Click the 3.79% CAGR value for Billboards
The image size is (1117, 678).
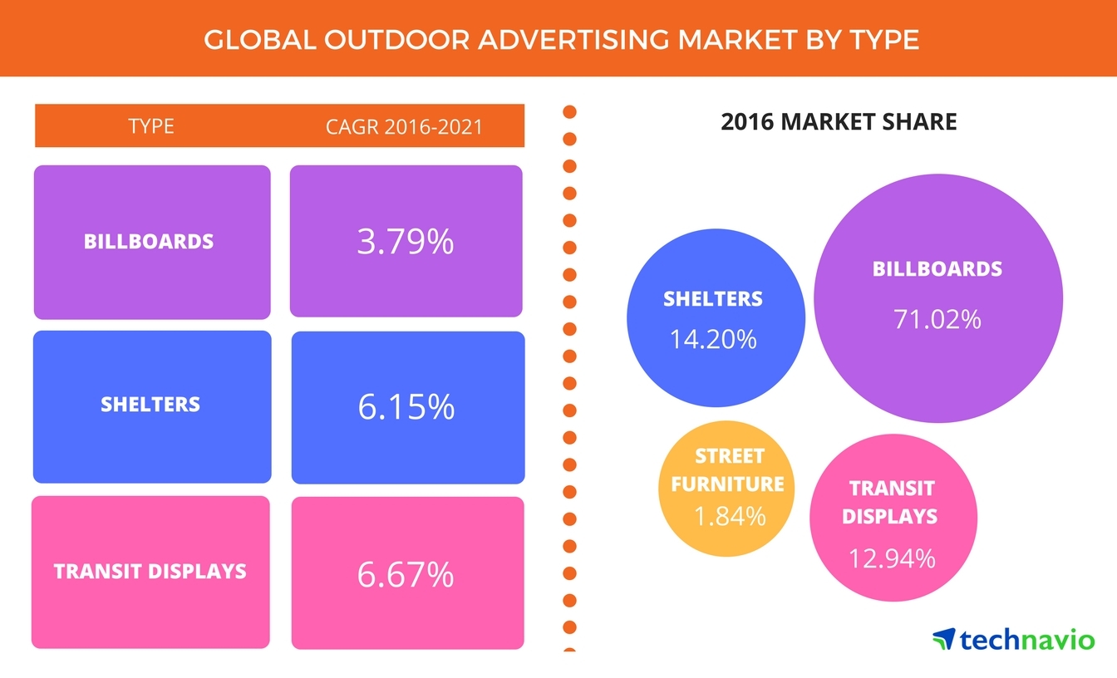406,242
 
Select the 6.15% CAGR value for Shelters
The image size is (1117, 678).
406,406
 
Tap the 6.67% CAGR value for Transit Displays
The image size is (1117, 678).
406,574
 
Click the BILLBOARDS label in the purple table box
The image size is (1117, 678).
149,242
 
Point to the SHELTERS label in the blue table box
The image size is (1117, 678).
150,405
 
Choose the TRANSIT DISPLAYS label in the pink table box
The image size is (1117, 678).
150,572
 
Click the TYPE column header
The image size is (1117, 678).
151,126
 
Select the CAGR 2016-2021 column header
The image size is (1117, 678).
405,127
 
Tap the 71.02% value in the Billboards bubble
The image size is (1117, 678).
937,319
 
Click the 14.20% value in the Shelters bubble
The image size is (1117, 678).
713,338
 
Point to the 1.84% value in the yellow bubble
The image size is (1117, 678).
729,516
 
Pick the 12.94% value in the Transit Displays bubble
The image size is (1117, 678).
892,558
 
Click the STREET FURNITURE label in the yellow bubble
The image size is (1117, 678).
728,470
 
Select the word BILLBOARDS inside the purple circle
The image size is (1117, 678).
937,269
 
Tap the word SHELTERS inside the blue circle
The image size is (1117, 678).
713,299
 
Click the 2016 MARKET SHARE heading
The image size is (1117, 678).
839,123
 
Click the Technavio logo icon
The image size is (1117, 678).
943,640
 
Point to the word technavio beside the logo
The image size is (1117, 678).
1027,640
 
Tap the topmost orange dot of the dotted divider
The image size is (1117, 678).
570,111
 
